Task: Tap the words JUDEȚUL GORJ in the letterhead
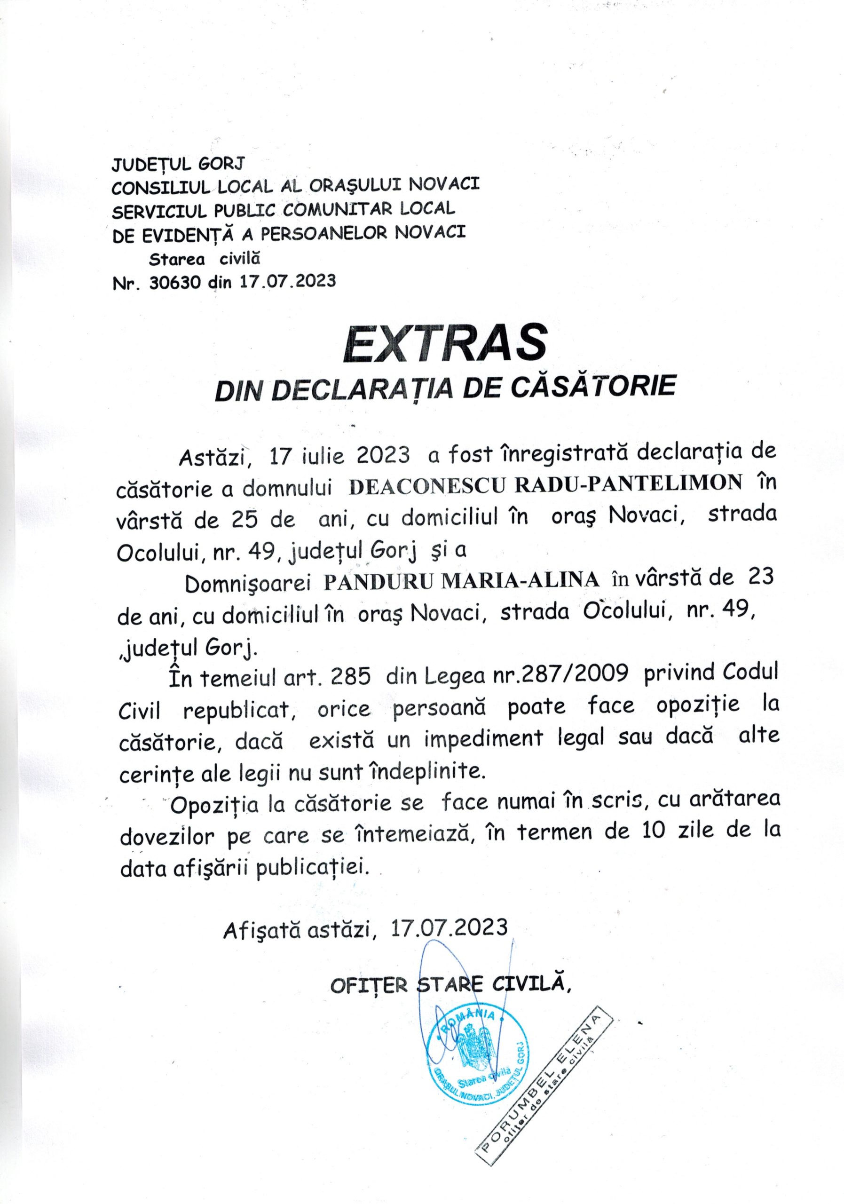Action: (178, 165)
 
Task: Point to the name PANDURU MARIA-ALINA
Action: (461, 580)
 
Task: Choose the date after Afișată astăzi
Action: (449, 927)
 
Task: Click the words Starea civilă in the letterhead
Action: (205, 259)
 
